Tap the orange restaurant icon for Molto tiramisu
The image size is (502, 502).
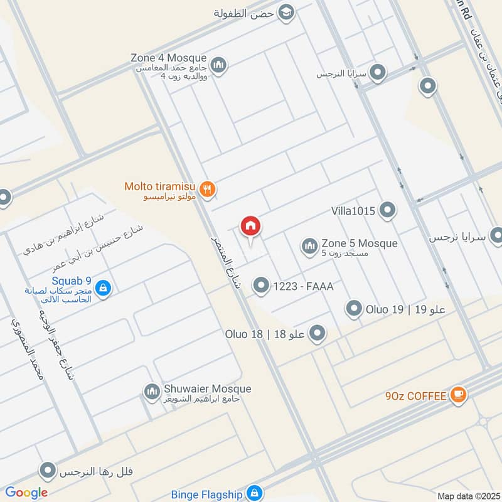[208, 188]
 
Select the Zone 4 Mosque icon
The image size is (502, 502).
[218, 64]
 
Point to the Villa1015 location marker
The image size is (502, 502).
[388, 211]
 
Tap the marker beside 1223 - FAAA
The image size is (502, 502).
[260, 286]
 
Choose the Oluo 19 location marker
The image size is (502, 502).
[355, 309]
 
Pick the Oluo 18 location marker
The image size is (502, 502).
[318, 334]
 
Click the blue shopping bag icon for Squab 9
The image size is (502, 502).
[104, 289]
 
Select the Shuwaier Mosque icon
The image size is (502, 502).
[152, 393]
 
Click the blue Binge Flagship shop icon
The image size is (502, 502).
[254, 493]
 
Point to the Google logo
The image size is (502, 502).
[26, 493]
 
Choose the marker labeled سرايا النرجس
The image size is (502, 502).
[378, 73]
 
